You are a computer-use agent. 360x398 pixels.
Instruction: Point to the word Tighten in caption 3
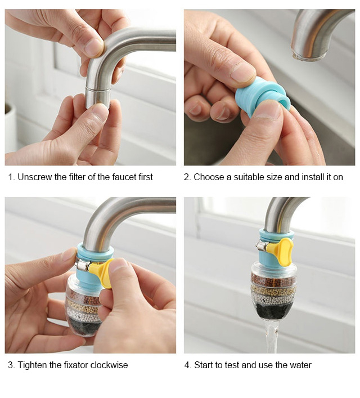(32, 365)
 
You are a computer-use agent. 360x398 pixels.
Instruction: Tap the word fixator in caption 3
(75, 365)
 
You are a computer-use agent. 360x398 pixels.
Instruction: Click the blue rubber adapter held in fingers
(262, 98)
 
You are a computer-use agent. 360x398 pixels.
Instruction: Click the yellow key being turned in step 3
(101, 271)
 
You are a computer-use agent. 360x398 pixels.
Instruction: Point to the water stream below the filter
(272, 336)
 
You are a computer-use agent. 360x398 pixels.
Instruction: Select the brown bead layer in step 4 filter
(273, 279)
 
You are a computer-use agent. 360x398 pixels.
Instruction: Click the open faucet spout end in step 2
(308, 55)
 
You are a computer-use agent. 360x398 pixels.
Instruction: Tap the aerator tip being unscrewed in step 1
(98, 98)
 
